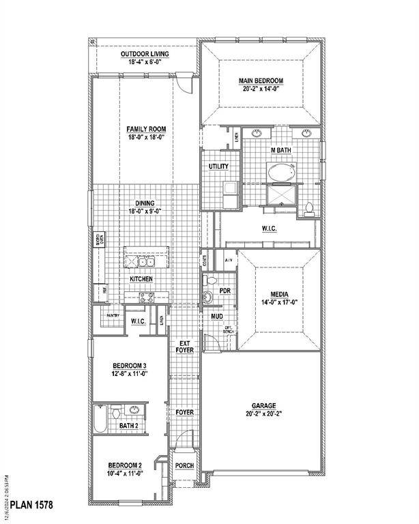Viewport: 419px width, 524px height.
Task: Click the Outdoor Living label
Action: point(145,54)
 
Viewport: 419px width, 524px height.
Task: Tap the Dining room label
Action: point(144,203)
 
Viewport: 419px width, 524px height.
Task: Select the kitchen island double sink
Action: point(145,261)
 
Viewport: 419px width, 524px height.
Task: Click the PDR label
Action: point(225,291)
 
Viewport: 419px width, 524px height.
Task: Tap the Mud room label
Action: point(217,317)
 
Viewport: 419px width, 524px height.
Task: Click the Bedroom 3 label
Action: point(129,366)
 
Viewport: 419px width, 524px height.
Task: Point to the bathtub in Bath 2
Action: point(100,419)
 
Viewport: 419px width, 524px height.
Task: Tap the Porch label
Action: point(184,466)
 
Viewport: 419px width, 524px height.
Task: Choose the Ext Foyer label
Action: point(185,346)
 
